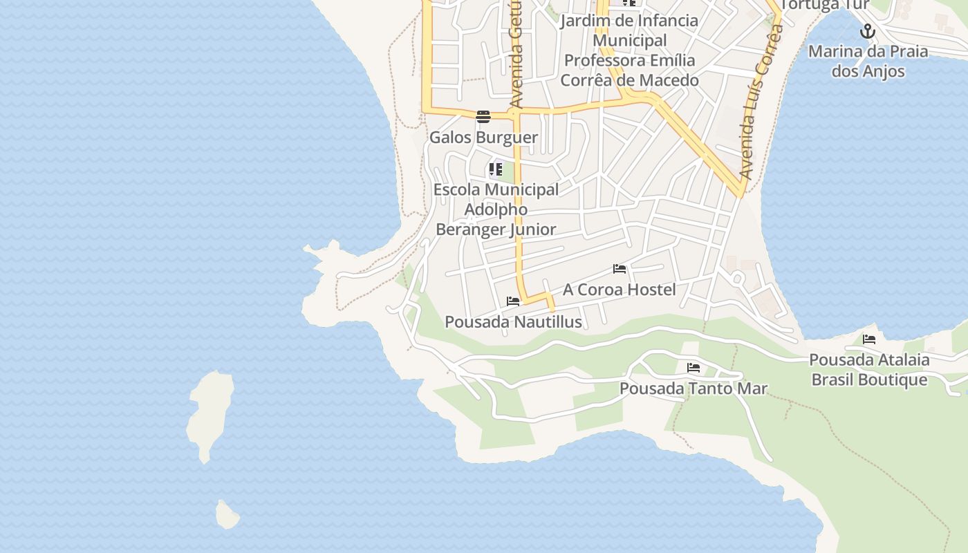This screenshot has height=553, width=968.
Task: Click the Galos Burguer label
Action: point(483,138)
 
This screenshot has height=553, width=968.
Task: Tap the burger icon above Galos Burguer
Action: point(483,116)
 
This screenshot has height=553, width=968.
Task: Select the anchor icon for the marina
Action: point(868,31)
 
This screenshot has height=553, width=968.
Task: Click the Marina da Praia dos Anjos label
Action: point(868,61)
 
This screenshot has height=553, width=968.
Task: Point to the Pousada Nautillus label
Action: point(513,322)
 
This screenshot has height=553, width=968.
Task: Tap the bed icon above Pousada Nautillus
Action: point(513,301)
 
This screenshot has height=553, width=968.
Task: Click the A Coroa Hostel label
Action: point(619,290)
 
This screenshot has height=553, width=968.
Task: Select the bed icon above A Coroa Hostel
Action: point(620,269)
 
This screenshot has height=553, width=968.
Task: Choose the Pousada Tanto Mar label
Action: point(693,388)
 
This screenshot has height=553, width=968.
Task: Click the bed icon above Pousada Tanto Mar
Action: point(694,368)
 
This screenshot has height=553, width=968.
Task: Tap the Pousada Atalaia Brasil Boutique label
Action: point(869,370)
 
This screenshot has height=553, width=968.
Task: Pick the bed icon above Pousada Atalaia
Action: point(869,339)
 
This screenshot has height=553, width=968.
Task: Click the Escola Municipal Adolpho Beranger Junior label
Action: point(496,209)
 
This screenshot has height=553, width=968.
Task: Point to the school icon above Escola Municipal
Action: point(496,169)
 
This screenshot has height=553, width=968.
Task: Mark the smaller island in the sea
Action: point(227,515)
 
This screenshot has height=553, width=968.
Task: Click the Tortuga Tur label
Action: point(824,6)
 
